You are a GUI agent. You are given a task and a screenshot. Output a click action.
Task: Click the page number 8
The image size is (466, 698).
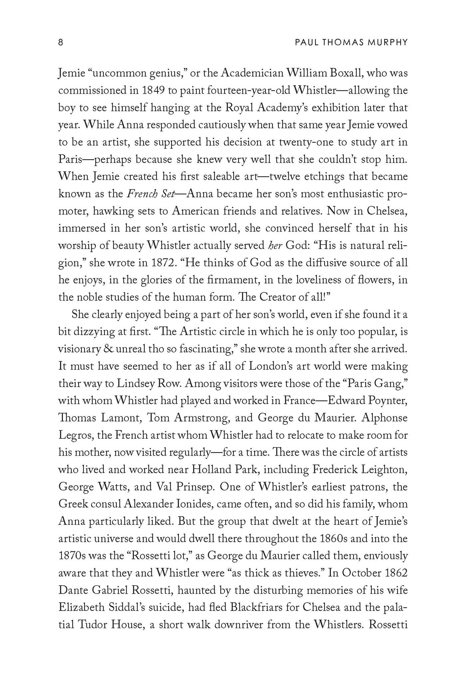(x=61, y=43)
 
